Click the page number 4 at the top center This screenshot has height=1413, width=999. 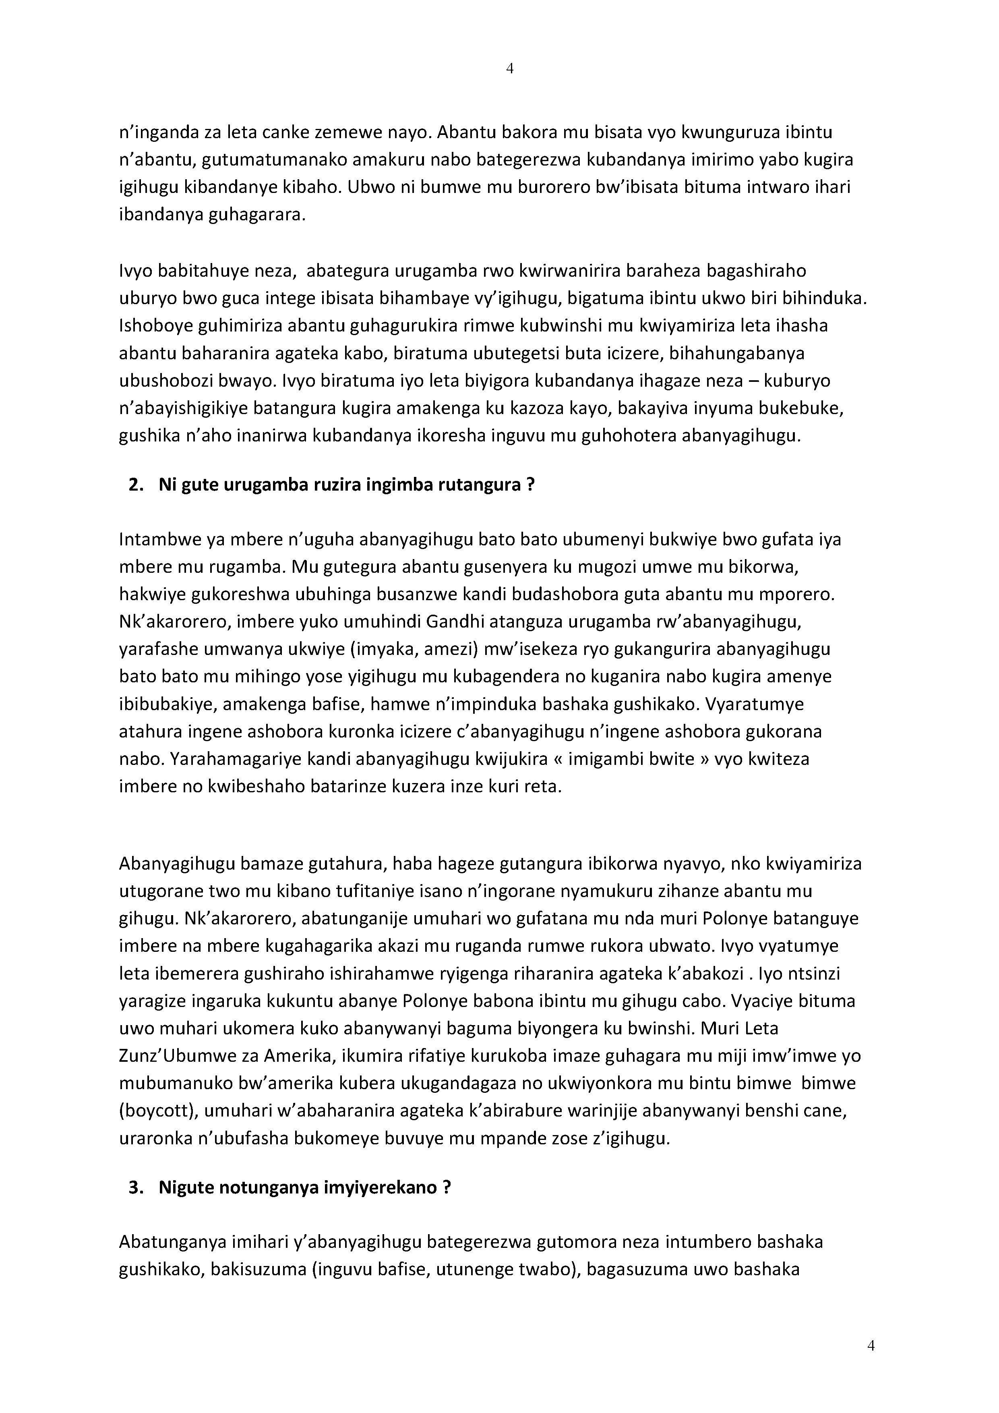tap(509, 68)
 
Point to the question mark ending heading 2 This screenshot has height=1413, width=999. tap(530, 485)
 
